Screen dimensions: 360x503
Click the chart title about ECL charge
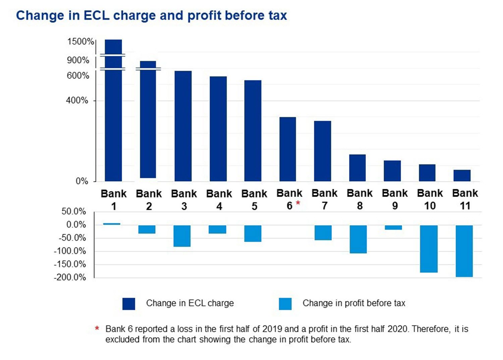tap(152, 16)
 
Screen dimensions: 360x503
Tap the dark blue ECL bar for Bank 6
tap(288, 149)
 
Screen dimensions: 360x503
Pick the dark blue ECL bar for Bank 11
tap(462, 175)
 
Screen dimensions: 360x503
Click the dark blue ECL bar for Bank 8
tap(357, 168)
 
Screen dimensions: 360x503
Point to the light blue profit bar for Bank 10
tap(429, 249)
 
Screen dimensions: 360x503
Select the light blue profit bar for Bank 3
tap(182, 236)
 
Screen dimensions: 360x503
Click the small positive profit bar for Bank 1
tap(112, 224)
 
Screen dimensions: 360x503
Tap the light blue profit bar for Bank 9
tap(393, 227)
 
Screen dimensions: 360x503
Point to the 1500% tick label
tap(80, 42)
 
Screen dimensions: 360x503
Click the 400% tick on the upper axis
tap(77, 100)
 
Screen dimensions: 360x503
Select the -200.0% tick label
tap(70, 277)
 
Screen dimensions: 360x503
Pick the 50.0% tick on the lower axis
tap(73, 211)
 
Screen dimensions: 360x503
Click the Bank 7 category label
tap(325, 199)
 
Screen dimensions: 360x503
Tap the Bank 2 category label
tap(149, 200)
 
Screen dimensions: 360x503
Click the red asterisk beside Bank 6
tap(298, 203)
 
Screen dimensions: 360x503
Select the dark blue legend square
tap(129, 304)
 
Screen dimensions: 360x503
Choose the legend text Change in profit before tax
tap(354, 303)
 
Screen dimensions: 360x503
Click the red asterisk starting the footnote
tap(97, 328)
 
